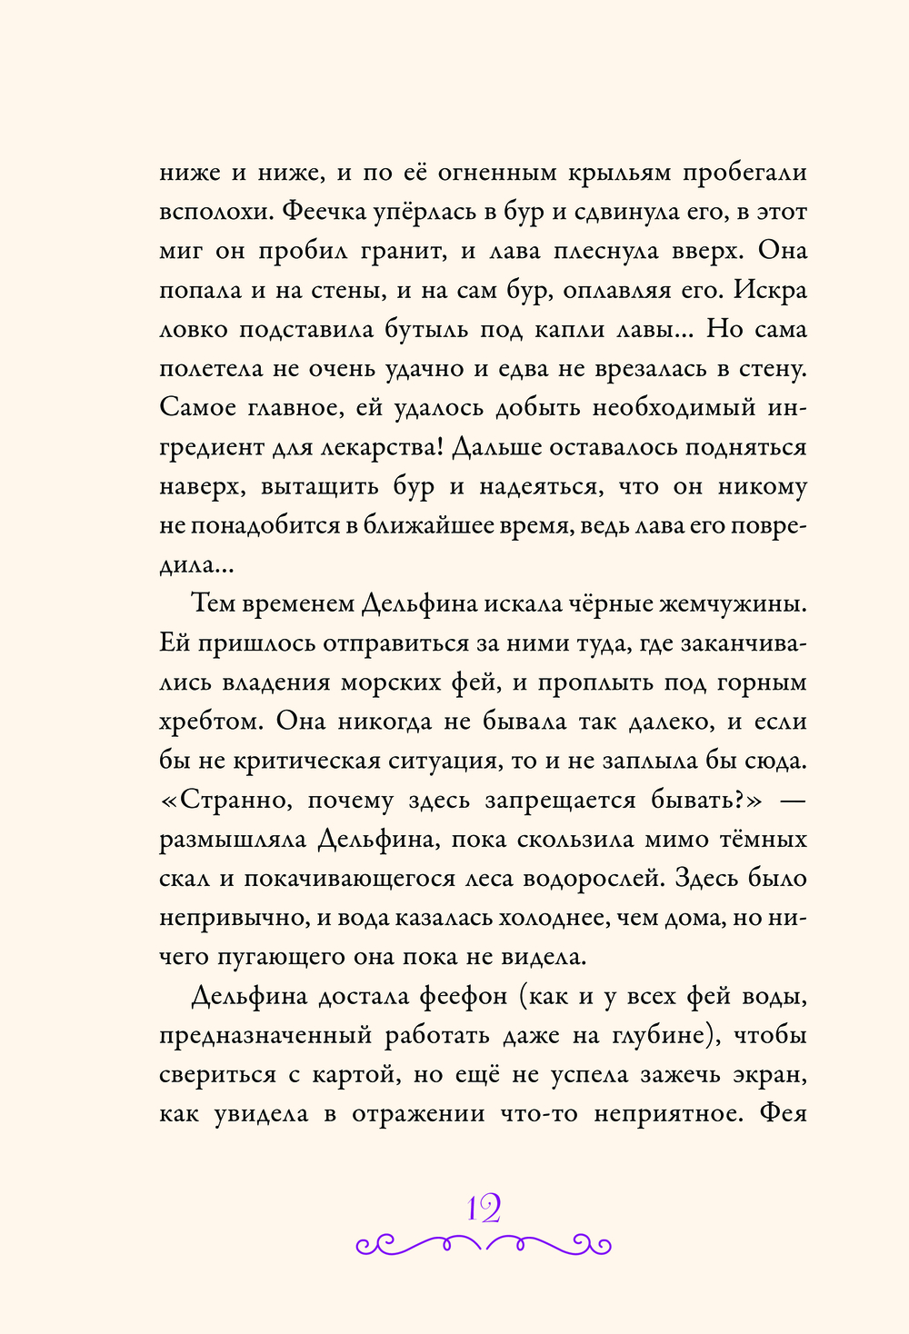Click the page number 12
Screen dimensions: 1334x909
pyautogui.click(x=484, y=1208)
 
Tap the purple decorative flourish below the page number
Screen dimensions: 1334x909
pyautogui.click(x=484, y=1244)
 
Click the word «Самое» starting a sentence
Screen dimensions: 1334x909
pyautogui.click(x=198, y=407)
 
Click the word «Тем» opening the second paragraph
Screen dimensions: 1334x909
pyautogui.click(x=215, y=603)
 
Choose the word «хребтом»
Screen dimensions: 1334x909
pyautogui.click(x=211, y=722)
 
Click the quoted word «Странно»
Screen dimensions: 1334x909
pyautogui.click(x=231, y=801)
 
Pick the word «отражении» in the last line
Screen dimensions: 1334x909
pyautogui.click(x=418, y=1113)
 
